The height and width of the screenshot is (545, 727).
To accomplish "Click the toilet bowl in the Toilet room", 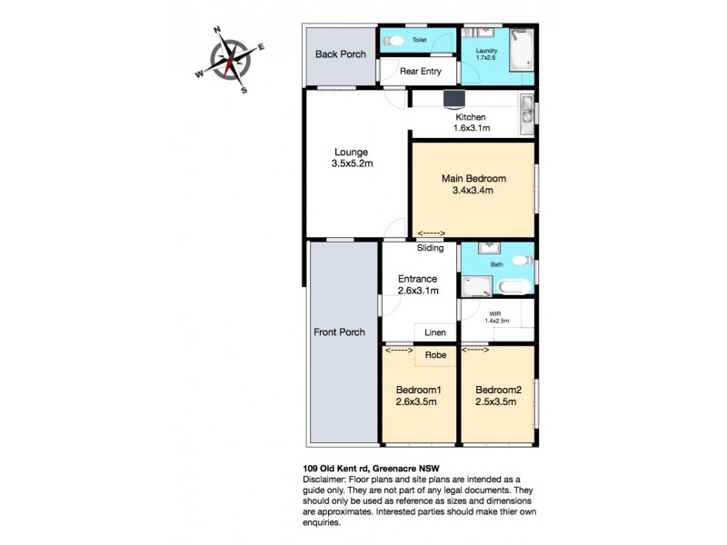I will pyautogui.click(x=391, y=41).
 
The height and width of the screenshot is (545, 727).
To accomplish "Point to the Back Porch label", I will pyautogui.click(x=341, y=54).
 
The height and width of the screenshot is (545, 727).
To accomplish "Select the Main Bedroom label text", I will pyautogui.click(x=473, y=178).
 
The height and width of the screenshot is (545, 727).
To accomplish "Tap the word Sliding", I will pyautogui.click(x=430, y=248).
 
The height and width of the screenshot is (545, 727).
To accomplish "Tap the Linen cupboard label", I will pyautogui.click(x=435, y=332).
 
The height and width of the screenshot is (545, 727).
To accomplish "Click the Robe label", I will pyautogui.click(x=436, y=355).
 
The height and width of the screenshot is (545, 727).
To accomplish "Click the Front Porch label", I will pyautogui.click(x=340, y=332).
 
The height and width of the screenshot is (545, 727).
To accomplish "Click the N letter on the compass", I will pyautogui.click(x=216, y=30).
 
